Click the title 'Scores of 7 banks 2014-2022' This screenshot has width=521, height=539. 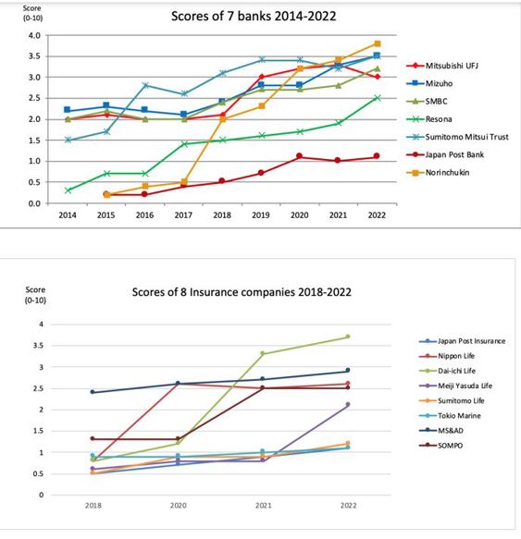pos(254,16)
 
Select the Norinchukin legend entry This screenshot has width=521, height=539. pos(438,173)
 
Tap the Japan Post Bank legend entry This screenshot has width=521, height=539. pos(445,154)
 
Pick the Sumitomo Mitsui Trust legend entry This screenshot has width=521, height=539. pos(457,137)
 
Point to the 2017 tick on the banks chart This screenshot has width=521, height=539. pos(183,215)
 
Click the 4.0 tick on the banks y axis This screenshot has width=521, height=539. pos(34,35)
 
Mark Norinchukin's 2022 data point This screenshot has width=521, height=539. pos(378,43)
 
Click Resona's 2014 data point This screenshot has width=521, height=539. pos(68,190)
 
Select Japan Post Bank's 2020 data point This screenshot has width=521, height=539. pos(300,156)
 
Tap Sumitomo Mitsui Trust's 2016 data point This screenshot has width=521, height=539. pos(145,85)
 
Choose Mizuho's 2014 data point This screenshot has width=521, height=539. pos(68,110)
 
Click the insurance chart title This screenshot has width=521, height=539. pos(242,292)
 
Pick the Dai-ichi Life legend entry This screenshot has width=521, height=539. pos(447,371)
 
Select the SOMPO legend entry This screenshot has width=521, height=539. pos(441,446)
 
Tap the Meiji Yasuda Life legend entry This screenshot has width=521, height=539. pos(455,386)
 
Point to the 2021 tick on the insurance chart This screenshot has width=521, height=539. pos(263,506)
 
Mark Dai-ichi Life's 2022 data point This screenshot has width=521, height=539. pos(348,337)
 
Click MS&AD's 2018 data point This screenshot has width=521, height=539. pos(93,392)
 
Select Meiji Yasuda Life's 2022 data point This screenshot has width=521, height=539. pos(348,405)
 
